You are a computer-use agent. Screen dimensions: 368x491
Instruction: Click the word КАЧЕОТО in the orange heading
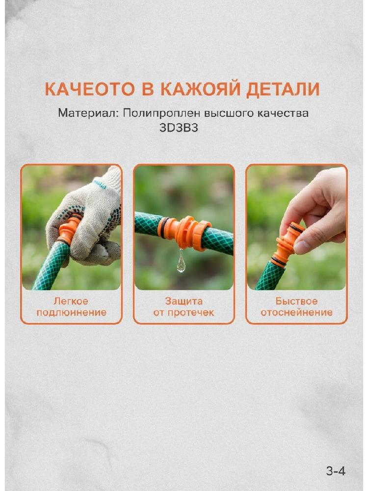89,89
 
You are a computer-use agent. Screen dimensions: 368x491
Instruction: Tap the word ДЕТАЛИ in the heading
283,89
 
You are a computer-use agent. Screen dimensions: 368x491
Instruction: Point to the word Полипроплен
161,113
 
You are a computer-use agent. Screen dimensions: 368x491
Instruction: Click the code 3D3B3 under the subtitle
179,128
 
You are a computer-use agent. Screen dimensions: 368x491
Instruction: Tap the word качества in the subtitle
283,113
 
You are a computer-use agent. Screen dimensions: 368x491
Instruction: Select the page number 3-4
336,471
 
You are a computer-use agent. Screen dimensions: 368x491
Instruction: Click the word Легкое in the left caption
71,301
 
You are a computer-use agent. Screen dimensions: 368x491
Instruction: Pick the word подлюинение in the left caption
71,312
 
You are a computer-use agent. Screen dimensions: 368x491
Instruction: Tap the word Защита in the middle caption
184,301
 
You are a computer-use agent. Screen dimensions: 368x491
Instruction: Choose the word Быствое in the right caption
296,301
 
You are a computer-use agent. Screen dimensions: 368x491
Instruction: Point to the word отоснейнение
296,312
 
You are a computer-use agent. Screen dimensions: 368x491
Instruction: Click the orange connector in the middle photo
184,232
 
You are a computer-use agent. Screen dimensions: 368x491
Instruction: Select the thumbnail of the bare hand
296,228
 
